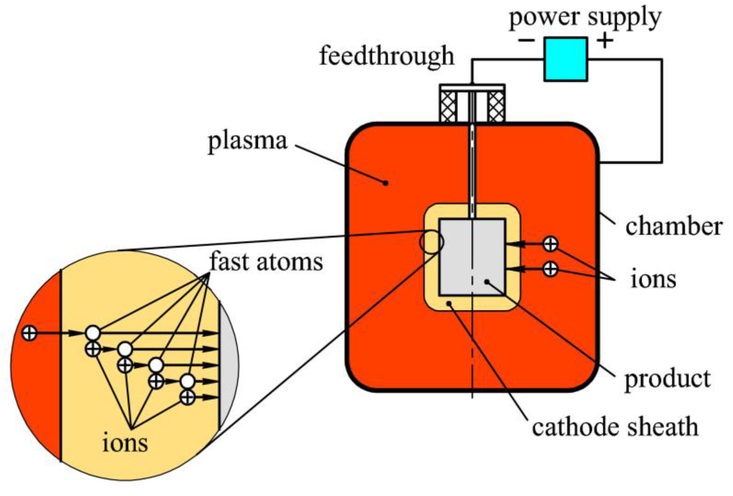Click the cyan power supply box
(566, 59)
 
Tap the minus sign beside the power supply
(526, 40)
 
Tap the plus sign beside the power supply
(605, 40)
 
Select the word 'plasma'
(247, 141)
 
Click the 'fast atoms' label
(266, 262)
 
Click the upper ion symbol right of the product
(551, 244)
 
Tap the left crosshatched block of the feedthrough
(448, 107)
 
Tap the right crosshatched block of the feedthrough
(496, 107)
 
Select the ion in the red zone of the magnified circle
(30, 333)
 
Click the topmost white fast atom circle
(93, 333)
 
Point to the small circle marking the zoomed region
(431, 242)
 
